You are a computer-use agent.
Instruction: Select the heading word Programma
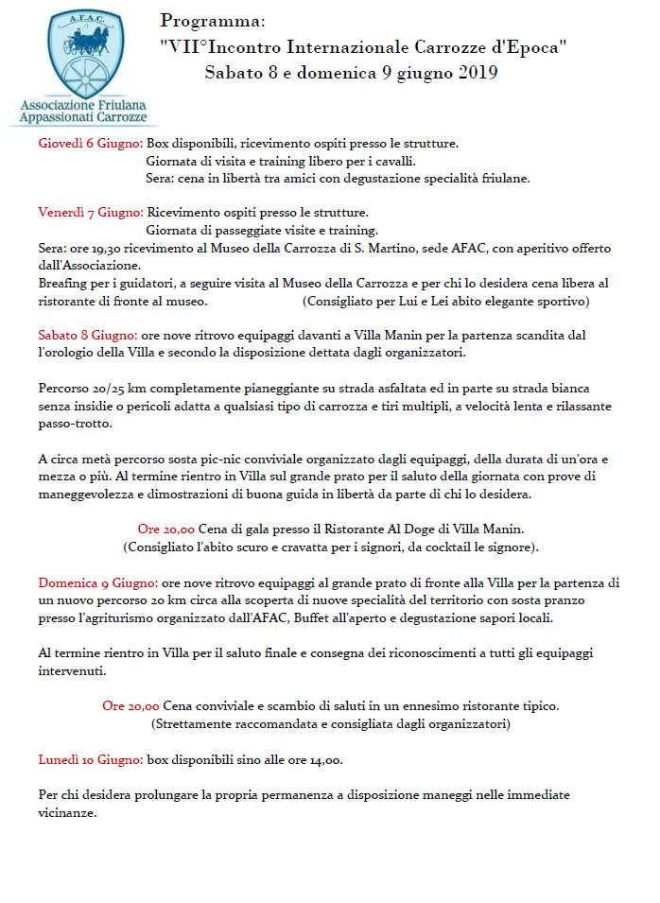pos(213,21)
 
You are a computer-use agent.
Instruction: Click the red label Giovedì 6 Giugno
pos(91,144)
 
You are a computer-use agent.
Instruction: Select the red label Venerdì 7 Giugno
pos(91,212)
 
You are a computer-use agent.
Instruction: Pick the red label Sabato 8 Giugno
pos(88,335)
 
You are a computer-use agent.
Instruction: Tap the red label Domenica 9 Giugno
pos(97,581)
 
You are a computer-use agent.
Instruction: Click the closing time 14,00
pos(322,759)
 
